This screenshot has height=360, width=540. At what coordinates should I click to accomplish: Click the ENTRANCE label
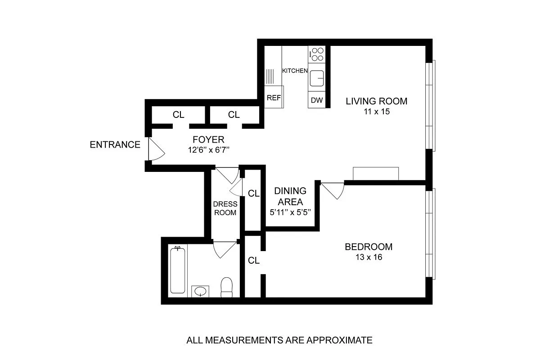click(115, 145)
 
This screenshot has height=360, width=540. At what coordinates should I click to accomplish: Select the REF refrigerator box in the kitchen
click(274, 97)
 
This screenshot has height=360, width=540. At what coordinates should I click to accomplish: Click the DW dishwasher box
click(317, 100)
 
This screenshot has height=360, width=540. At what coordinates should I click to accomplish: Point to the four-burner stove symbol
click(317, 54)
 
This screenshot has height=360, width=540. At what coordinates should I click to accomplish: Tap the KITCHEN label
click(295, 71)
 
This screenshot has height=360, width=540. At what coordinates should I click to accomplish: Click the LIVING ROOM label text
click(376, 101)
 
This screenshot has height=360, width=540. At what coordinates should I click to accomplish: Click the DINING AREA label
click(290, 196)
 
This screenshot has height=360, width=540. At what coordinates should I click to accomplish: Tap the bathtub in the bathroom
click(178, 270)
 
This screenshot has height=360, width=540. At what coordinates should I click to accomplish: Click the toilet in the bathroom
click(226, 287)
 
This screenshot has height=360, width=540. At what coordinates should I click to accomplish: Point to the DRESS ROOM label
click(225, 208)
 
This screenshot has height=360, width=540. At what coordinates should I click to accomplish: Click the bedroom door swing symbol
click(333, 189)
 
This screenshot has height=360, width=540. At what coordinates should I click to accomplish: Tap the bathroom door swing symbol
click(224, 249)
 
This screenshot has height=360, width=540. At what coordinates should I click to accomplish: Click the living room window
click(431, 105)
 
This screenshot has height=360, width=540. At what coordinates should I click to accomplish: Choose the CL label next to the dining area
click(254, 193)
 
